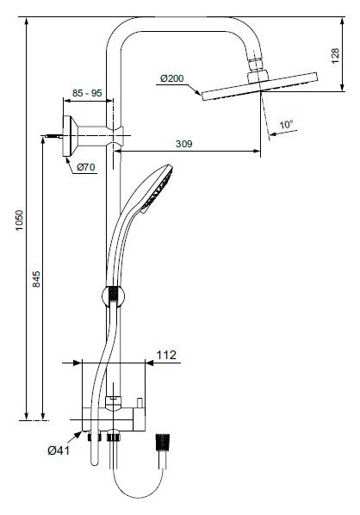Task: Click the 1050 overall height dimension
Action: (x=20, y=220)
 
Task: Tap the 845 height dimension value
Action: (x=36, y=279)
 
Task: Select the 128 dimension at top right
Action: (x=335, y=56)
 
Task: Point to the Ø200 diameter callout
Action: (x=171, y=78)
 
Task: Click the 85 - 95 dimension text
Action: (x=87, y=93)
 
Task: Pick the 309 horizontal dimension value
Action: (x=184, y=144)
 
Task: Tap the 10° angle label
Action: (x=286, y=125)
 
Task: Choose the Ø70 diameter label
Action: (x=86, y=167)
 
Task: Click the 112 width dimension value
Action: (x=166, y=355)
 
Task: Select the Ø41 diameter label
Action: (x=59, y=450)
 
